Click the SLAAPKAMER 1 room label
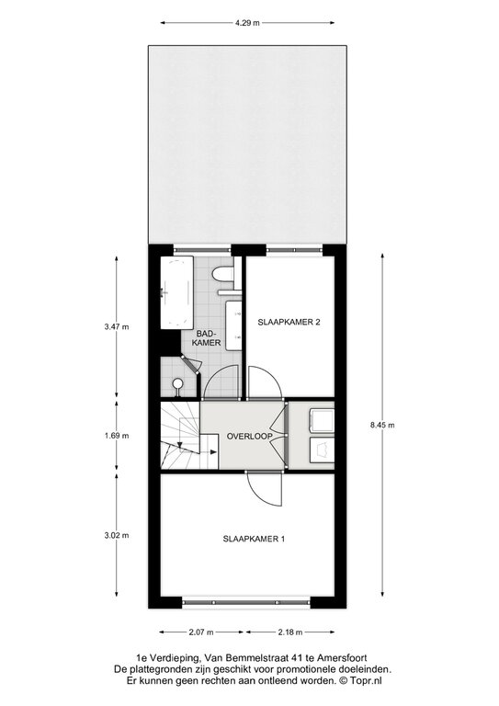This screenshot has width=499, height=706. (254, 539)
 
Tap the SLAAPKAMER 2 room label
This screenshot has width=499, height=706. (289, 322)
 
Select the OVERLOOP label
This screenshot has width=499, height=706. (249, 437)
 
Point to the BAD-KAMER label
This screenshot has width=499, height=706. (207, 338)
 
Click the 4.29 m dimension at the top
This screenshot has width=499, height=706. (247, 23)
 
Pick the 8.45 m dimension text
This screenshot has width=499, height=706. (382, 424)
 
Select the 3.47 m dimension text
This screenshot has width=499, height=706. (117, 327)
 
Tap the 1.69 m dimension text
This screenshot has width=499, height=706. (117, 436)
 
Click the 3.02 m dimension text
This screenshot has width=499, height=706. (117, 535)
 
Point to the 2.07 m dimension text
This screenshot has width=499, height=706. (200, 632)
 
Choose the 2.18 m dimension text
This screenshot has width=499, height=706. (290, 632)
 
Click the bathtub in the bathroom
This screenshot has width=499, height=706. (176, 291)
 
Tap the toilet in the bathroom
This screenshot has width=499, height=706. (223, 275)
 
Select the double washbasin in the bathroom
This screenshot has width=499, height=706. (233, 325)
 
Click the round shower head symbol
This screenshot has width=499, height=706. (178, 384)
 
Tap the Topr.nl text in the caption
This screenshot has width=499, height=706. (368, 694)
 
